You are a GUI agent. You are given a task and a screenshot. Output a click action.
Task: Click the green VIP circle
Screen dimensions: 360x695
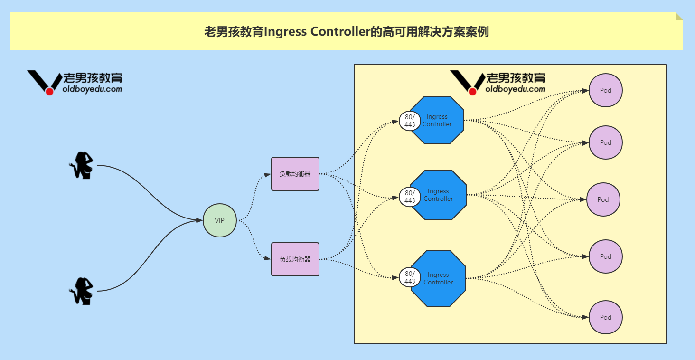pos(219,220)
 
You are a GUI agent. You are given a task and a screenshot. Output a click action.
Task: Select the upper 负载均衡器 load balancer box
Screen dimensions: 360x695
pos(295,174)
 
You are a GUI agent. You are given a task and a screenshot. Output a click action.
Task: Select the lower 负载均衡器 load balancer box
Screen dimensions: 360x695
pos(295,259)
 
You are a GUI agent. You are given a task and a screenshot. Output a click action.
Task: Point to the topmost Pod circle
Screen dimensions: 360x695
pos(605,90)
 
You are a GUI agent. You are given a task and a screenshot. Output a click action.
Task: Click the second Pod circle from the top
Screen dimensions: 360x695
pos(605,142)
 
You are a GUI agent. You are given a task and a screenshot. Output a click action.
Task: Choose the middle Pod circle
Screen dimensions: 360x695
pos(603,199)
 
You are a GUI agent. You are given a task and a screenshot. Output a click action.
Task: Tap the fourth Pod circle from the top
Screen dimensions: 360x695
pos(605,256)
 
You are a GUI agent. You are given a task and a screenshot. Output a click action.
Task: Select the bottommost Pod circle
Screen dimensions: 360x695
pos(605,317)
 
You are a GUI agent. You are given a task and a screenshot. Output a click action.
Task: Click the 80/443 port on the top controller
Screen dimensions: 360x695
pos(409,121)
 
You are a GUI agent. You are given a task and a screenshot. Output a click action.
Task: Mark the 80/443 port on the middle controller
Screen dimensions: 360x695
pos(409,197)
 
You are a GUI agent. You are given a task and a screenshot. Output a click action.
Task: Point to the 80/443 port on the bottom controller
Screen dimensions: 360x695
pos(409,277)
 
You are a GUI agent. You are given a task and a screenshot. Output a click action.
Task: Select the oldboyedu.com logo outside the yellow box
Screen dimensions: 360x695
pos(75,83)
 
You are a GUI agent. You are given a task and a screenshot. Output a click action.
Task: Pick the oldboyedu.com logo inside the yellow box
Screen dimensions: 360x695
pos(498,83)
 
